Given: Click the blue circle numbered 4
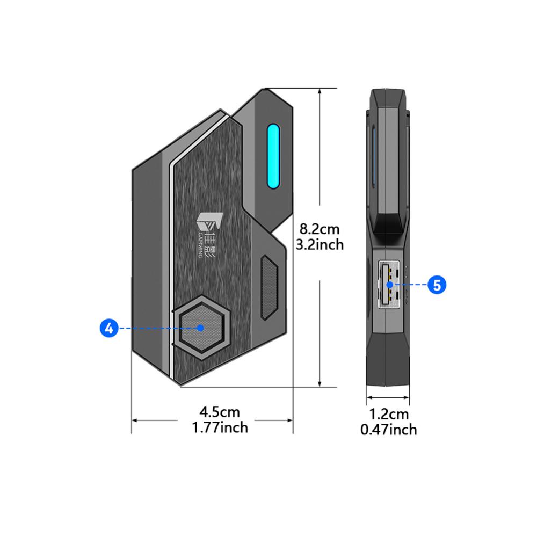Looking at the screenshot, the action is (x=109, y=328).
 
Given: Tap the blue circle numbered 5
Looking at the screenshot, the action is (x=437, y=285).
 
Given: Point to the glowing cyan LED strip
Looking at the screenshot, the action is (x=273, y=156).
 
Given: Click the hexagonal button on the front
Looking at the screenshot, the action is (x=201, y=328).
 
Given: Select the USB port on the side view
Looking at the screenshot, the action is (x=389, y=284).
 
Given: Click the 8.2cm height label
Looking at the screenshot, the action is (x=320, y=229).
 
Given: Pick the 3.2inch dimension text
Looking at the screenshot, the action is (x=320, y=244).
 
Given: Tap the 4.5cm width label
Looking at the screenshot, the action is (x=220, y=412).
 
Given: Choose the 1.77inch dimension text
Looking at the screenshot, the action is (x=220, y=427).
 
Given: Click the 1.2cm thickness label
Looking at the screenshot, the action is (x=389, y=414).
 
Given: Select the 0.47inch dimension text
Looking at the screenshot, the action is (x=389, y=430).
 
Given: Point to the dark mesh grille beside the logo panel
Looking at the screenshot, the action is (x=269, y=287).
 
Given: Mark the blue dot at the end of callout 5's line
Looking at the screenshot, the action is (x=389, y=285).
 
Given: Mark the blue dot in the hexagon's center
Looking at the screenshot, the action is (x=201, y=328).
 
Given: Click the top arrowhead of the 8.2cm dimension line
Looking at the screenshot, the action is (x=320, y=91).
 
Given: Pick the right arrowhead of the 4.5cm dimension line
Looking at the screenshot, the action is (x=290, y=420).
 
